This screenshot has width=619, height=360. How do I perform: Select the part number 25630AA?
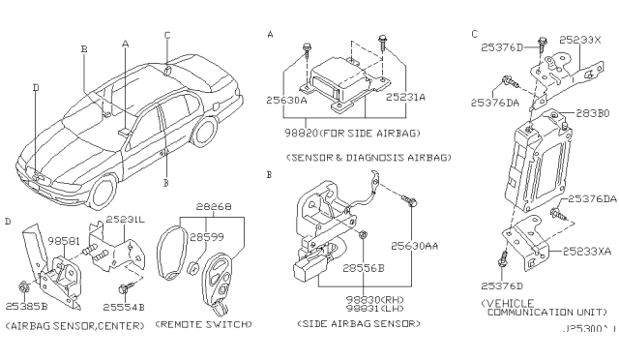click(418, 246)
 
